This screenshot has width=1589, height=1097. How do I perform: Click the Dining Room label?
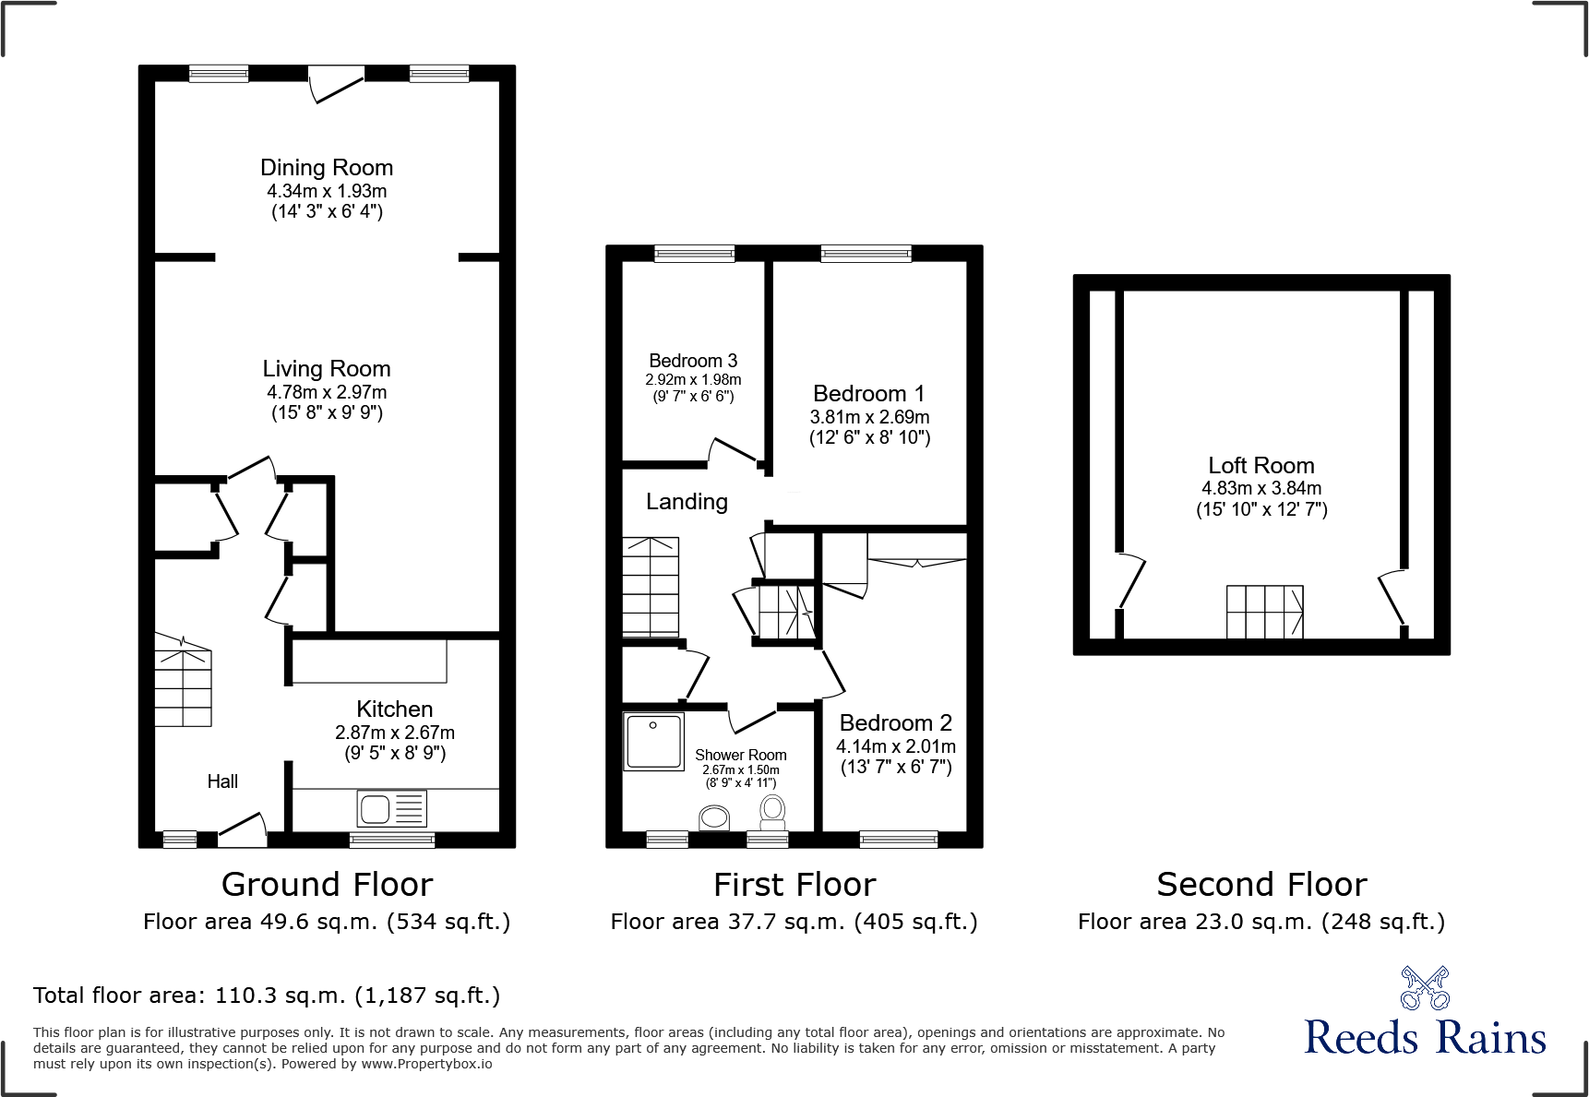click(x=327, y=168)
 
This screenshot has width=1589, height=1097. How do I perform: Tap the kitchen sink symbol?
click(x=391, y=808)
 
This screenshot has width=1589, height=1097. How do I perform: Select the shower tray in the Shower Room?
click(x=653, y=741)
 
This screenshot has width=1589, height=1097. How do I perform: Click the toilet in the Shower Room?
click(x=772, y=811)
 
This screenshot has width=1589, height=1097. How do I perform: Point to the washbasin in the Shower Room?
click(x=714, y=817)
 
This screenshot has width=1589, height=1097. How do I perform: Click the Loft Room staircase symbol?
click(x=1264, y=612)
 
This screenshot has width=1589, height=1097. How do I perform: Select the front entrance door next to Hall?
click(x=243, y=829)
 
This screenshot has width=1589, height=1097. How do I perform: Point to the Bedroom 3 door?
click(x=734, y=451)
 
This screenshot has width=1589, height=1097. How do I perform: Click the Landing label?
click(x=687, y=502)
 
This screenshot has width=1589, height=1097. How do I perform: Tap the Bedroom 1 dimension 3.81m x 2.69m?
click(x=869, y=417)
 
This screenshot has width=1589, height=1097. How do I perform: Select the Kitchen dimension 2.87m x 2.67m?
click(x=395, y=733)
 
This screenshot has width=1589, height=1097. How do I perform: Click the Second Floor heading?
click(x=1260, y=885)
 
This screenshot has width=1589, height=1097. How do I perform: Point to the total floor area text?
click(x=267, y=996)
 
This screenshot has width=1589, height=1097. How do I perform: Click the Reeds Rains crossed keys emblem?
click(x=1424, y=988)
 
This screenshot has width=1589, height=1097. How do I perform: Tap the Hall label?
click(x=222, y=781)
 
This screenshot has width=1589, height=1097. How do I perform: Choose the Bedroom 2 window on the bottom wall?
click(x=898, y=839)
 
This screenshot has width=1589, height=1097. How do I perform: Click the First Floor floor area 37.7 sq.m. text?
click(x=794, y=922)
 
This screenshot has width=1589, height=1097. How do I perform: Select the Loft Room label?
click(x=1260, y=466)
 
